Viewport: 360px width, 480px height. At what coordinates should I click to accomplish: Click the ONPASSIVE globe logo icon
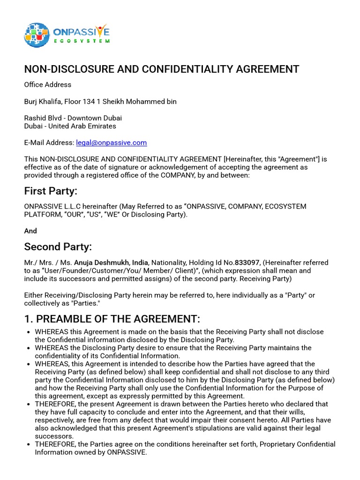37,35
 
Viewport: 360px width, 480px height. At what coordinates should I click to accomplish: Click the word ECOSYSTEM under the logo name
82,41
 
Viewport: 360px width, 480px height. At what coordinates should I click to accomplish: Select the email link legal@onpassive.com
112,142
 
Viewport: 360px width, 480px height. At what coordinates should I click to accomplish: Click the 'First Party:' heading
51,191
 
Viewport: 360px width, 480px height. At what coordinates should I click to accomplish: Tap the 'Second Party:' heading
58,247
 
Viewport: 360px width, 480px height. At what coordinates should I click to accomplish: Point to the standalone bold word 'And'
30,231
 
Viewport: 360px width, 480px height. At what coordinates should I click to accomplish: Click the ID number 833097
247,263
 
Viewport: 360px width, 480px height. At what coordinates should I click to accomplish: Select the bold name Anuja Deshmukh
101,263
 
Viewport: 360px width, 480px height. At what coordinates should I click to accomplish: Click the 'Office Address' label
48,85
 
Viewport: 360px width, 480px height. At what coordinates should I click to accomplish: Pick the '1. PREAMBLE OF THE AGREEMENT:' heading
112,319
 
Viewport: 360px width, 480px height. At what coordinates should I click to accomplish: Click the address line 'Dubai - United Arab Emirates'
70,126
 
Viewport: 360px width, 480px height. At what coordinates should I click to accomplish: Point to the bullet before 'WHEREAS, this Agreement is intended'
29,364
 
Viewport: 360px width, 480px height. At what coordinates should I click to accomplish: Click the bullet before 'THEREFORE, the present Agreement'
29,404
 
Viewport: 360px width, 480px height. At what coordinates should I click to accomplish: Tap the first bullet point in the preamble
29,332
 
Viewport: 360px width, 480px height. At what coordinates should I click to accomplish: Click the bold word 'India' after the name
140,263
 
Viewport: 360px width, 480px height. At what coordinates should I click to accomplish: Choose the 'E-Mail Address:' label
49,142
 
